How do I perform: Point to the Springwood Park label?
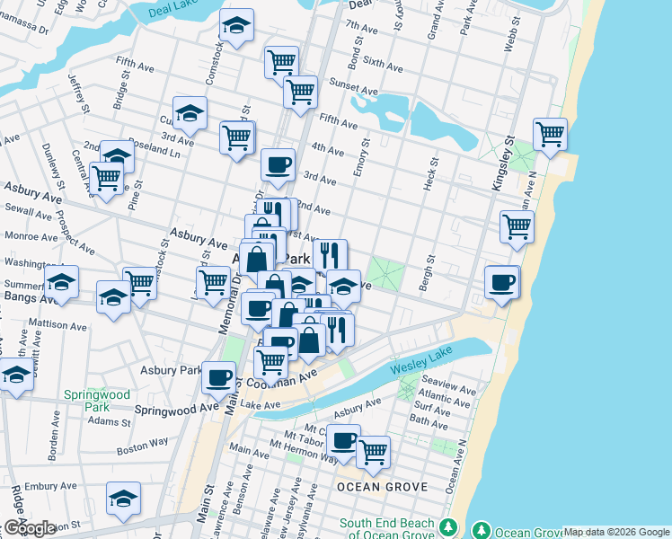(x=96, y=401)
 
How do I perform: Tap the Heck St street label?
(x=431, y=175)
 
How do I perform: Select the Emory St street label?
(x=362, y=156)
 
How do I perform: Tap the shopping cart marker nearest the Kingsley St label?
(x=549, y=135)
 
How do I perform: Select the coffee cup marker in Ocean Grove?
(x=343, y=440)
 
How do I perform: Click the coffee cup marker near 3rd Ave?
(x=278, y=164)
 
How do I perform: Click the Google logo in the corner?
(x=29, y=529)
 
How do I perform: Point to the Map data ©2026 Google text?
(x=616, y=532)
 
